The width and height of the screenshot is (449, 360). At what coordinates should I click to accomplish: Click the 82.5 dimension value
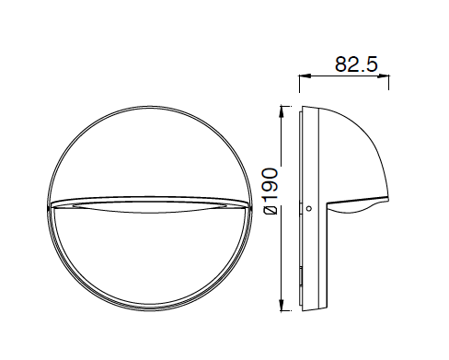point(356,64)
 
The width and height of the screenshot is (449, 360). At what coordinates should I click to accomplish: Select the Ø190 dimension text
point(271,192)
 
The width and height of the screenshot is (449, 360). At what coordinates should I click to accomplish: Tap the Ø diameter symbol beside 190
point(271,210)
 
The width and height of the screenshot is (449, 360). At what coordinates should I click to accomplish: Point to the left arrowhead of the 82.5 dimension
point(305,76)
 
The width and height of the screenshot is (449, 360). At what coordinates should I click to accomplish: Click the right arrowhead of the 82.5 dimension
point(384,76)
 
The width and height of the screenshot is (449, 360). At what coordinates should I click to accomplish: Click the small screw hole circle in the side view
point(309,208)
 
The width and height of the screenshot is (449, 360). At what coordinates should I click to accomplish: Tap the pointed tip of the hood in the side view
point(389,200)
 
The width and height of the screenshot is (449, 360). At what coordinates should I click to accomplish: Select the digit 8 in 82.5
point(340,64)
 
